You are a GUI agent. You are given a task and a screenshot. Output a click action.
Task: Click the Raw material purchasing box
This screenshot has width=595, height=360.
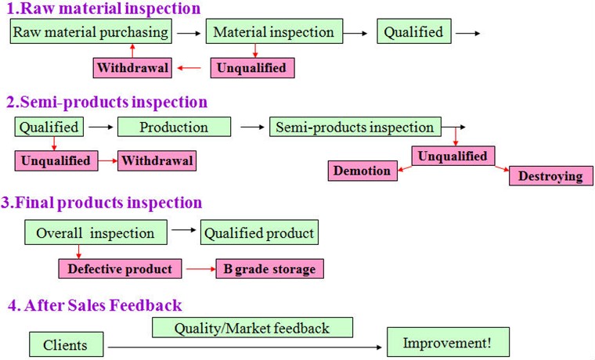coord(91,33)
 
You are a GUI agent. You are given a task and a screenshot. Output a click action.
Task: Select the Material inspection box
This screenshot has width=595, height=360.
coord(273,33)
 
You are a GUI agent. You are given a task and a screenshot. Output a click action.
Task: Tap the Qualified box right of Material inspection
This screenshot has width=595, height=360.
coord(413,33)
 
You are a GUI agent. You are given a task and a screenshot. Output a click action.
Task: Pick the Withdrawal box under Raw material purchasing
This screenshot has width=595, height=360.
coord(132,68)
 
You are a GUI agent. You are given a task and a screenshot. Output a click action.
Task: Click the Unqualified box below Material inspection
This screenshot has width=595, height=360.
coord(252,68)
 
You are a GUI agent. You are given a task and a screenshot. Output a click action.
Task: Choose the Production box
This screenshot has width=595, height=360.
coord(174,127)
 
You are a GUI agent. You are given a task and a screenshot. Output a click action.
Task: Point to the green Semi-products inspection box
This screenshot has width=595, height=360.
coord(355,127)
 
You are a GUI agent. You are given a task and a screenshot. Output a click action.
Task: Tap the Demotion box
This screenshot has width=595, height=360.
coord(362,171)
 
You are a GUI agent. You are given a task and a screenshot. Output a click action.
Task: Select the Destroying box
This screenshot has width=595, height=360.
coord(550,175)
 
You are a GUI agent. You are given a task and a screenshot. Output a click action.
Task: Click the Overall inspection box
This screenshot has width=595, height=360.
coord(95,233)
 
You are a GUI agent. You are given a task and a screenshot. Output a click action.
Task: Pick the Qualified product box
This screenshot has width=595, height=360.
coord(259,233)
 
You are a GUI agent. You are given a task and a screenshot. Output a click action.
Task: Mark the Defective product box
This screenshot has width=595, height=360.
coord(120,269)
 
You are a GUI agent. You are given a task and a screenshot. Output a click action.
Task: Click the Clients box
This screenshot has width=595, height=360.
coord(65,344)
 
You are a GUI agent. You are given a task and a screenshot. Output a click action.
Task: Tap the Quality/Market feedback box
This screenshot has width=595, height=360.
coord(251,328)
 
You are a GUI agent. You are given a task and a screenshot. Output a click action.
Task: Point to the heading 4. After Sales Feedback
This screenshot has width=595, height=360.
coord(94,305)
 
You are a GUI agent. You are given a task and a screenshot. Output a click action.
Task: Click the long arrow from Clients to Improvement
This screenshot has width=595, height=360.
coord(247,344)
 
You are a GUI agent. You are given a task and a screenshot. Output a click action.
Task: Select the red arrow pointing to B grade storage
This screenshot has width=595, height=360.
coord(199,269)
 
